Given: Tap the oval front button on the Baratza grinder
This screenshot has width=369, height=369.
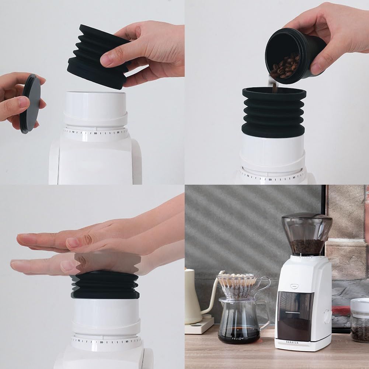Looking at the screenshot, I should pyautogui.click(x=295, y=285).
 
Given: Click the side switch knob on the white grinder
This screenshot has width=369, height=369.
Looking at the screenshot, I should pyautogui.click(x=327, y=316).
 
